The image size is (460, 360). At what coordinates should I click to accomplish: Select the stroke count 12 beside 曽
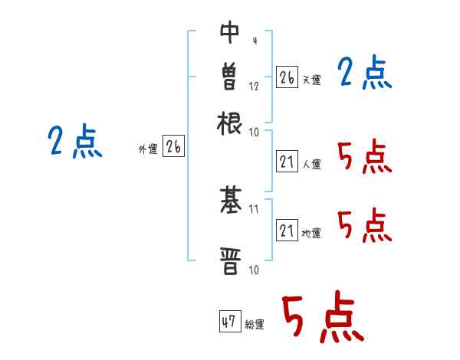click(x=254, y=86)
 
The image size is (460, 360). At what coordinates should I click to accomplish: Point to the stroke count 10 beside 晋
click(x=254, y=269)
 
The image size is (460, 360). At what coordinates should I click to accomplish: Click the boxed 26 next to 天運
click(x=287, y=77)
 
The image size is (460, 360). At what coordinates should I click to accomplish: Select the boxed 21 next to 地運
click(x=287, y=231)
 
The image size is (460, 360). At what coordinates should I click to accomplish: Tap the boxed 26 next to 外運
click(x=173, y=147)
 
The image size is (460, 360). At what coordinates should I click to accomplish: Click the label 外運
click(x=147, y=150)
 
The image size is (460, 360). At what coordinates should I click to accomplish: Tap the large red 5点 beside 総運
click(x=321, y=318)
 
